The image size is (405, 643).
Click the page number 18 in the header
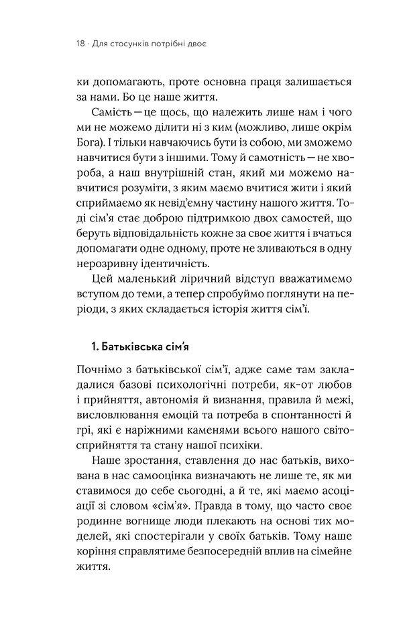[81, 46]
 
